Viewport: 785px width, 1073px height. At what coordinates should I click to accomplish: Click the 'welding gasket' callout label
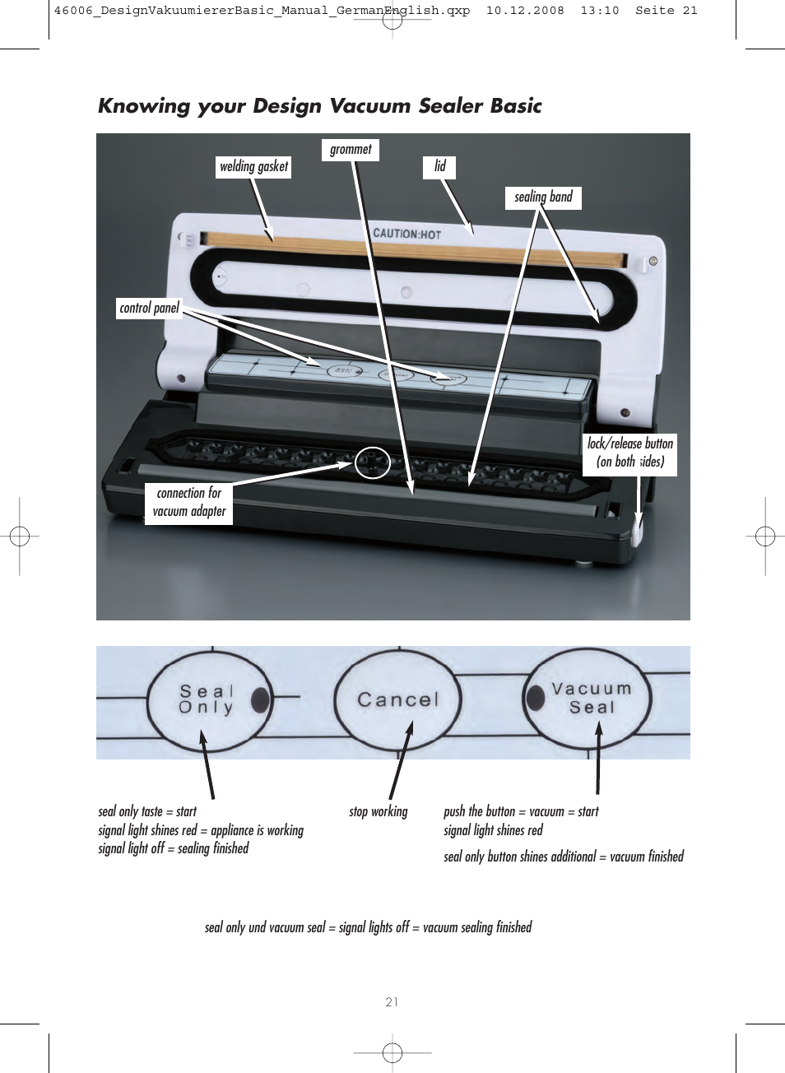[253, 167]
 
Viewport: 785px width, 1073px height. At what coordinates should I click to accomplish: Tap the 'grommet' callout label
[351, 150]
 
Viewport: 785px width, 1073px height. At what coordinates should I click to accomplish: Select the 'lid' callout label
[440, 167]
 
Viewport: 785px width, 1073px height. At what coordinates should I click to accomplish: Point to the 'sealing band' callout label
[543, 197]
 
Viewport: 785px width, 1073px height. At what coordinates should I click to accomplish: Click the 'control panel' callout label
[149, 309]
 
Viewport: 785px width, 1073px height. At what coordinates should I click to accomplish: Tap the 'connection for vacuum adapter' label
[189, 503]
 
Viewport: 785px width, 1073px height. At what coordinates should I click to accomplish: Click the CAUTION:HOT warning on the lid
[407, 234]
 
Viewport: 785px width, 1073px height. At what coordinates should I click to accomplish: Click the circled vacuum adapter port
[372, 463]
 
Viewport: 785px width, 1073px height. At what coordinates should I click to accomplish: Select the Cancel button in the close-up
[398, 700]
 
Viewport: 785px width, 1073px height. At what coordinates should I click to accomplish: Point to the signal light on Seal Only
[260, 699]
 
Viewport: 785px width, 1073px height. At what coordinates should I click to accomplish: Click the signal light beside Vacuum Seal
[536, 698]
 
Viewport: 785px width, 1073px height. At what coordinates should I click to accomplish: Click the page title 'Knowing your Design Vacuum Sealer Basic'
[319, 106]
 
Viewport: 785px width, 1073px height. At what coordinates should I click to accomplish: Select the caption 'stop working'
[378, 812]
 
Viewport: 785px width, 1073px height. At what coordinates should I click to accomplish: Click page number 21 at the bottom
[392, 1002]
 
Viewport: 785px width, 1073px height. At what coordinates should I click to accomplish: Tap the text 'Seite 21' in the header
[666, 11]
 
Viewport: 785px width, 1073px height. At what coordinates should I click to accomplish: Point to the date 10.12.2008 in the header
[525, 11]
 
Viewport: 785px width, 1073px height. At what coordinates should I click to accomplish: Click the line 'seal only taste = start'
[147, 812]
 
